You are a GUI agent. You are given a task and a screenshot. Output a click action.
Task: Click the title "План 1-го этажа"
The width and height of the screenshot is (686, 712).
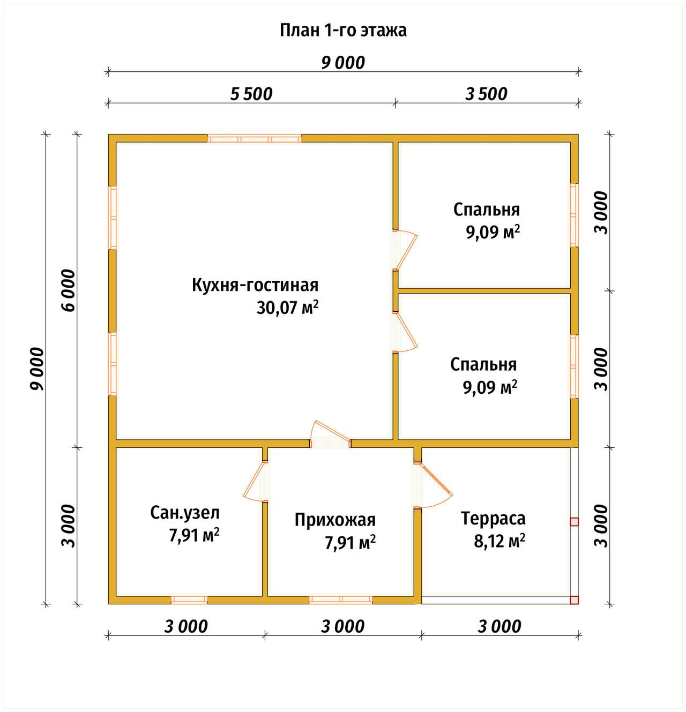coord(343,31)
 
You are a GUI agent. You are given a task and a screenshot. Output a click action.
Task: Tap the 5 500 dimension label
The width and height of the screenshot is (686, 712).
coord(251,94)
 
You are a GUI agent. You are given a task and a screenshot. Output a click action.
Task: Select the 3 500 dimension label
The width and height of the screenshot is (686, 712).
coord(486,94)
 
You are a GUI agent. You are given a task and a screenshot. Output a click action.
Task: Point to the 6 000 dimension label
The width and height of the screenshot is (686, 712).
coord(69,290)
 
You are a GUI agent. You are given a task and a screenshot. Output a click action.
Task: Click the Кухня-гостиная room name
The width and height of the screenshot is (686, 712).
coord(255,285)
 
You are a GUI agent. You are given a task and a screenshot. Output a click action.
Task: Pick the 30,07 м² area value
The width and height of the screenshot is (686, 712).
coord(287,308)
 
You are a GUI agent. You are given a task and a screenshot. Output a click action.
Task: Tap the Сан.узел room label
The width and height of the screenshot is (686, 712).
coord(185,513)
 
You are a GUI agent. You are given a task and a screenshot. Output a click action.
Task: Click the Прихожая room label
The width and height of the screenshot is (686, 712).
coord(335,520)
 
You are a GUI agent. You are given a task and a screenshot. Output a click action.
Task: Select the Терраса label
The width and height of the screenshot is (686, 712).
coord(493,519)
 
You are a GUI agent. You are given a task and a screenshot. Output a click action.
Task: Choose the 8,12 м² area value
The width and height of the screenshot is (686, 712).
coord(499,541)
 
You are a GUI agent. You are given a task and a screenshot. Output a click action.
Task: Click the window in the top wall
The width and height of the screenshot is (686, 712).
coord(255,139)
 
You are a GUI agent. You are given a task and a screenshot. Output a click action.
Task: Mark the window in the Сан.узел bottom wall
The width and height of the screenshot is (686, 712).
coord(189,599)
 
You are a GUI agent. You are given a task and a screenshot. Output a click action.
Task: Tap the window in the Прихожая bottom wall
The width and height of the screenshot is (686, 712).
coord(341,599)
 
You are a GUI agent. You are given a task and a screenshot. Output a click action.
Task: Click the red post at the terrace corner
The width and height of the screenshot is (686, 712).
coord(575,600)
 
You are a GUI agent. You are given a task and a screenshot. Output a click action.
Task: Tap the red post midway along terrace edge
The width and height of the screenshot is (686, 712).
coord(575,522)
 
